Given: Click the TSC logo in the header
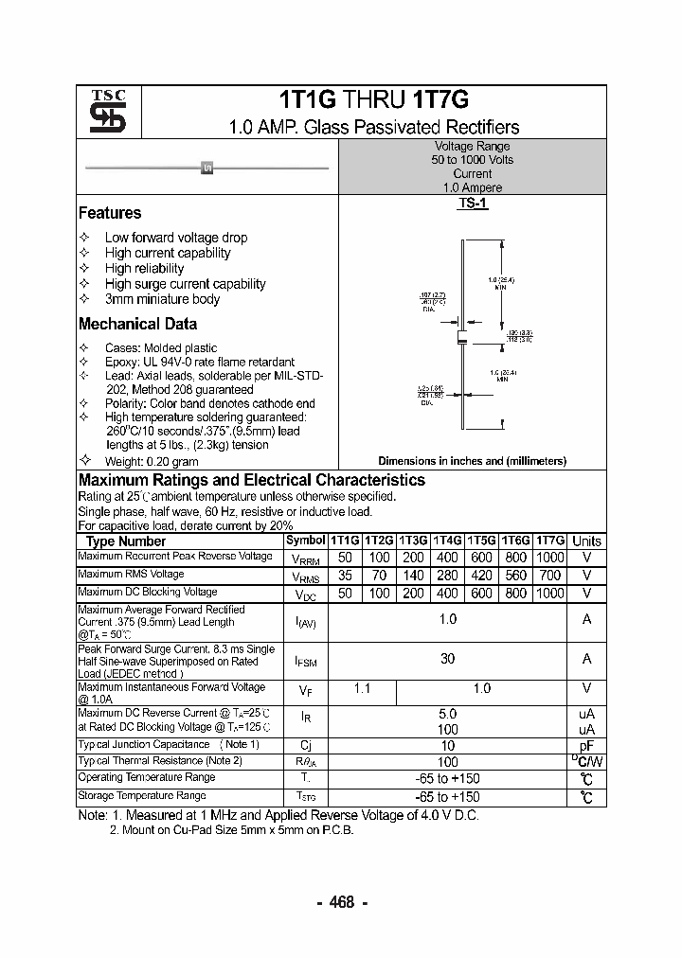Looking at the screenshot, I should (x=101, y=113).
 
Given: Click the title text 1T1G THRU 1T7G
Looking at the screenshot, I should (x=374, y=101).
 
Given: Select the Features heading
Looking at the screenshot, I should (x=110, y=213).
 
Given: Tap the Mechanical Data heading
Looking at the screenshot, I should (x=137, y=324).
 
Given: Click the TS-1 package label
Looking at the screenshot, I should (x=473, y=204).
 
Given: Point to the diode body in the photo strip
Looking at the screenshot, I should (x=207, y=169).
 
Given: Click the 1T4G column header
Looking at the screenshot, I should (x=448, y=541).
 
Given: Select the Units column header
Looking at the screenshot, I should (x=586, y=541).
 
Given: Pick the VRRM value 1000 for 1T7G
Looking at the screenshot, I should (x=549, y=558).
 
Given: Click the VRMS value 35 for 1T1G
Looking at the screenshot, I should (x=345, y=576).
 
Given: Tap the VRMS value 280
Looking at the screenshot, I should (x=448, y=576).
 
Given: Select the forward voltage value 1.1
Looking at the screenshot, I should (x=362, y=689).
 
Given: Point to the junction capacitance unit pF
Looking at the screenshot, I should (x=586, y=746).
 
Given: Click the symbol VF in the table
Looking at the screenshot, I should (x=305, y=691).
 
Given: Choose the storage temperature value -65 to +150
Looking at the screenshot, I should (x=448, y=797).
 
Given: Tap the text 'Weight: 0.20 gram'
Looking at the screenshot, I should (x=152, y=461).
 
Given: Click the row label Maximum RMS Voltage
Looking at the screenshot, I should (x=131, y=575).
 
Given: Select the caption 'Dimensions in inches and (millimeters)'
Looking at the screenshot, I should (x=472, y=461).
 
